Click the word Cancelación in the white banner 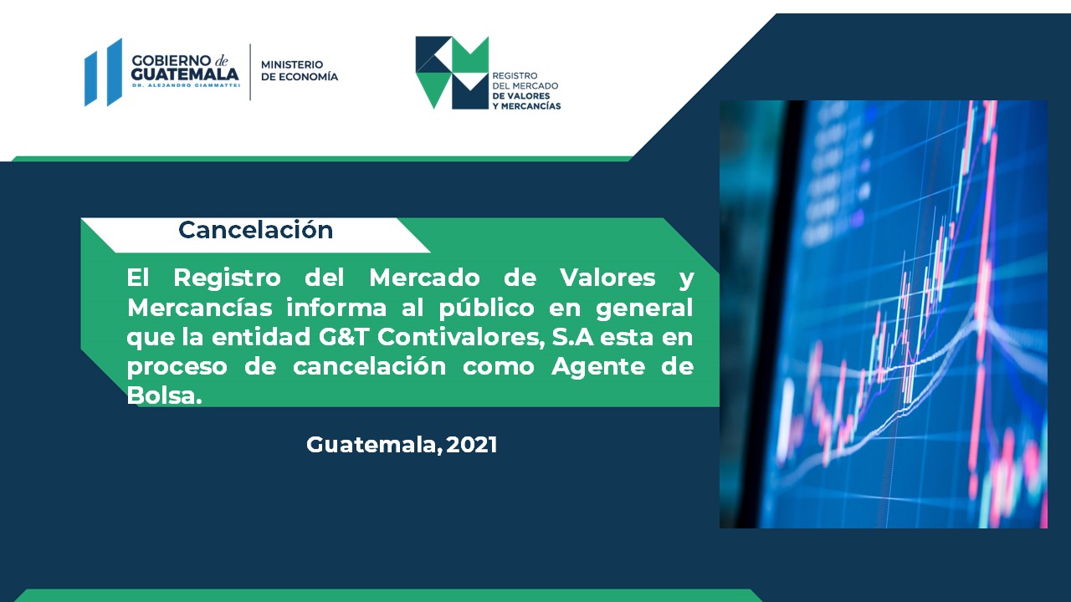pos(255,230)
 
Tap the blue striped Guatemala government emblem pos(103,72)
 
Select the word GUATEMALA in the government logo pos(185,74)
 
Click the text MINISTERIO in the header pos(292,64)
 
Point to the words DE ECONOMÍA pos(300,76)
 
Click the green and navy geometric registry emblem pos(452,73)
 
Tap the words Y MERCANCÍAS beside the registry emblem pos(526,106)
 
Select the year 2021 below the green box pos(472,445)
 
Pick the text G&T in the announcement pos(344,337)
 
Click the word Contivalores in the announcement pos(461,337)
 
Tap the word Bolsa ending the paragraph pos(164,395)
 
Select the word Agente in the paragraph pos(597,367)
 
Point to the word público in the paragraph pos(486,308)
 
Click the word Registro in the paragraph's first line pos(227,278)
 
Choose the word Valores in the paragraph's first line pos(607,278)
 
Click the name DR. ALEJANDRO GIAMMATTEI pos(186,85)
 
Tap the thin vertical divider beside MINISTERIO pos(250,72)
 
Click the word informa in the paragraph pos(336,307)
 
